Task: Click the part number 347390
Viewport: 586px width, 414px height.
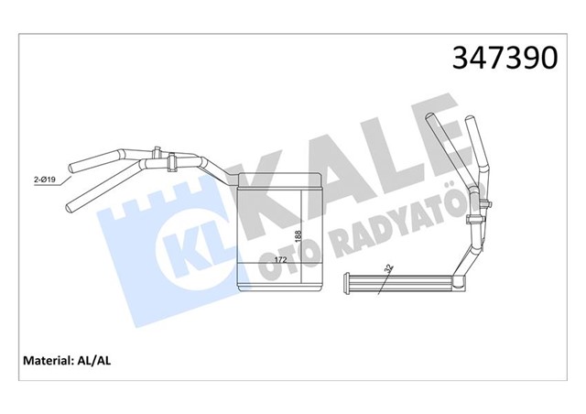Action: [504, 58]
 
